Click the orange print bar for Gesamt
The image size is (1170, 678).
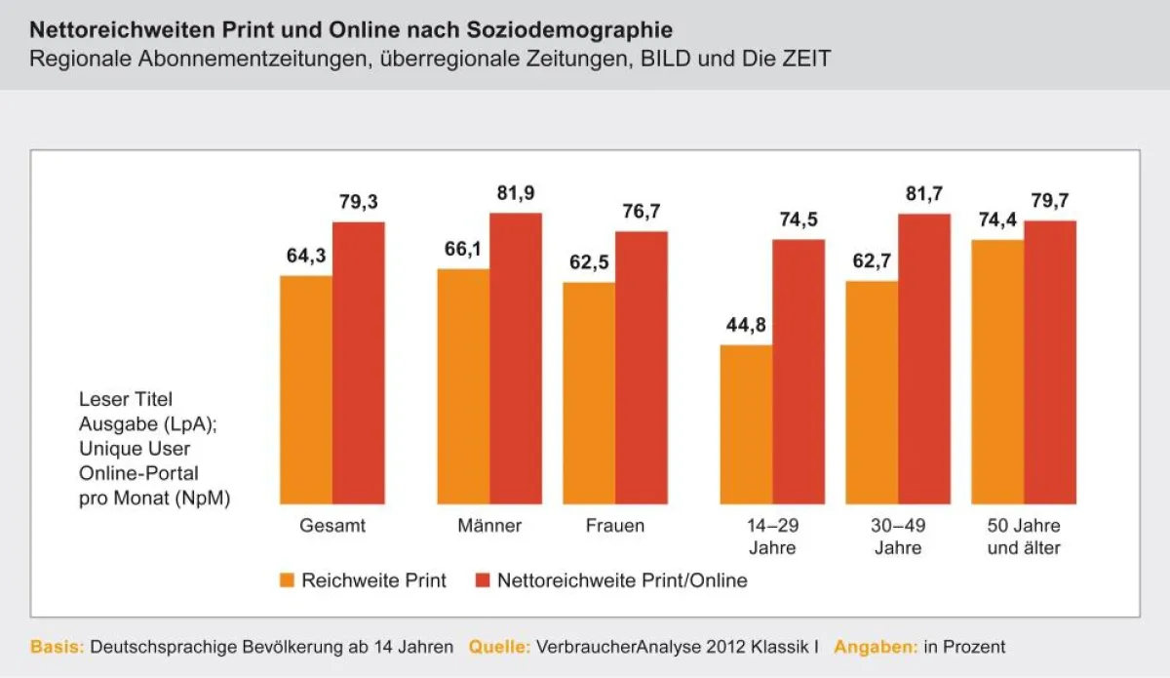tap(306, 390)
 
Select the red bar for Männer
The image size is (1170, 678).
tap(516, 359)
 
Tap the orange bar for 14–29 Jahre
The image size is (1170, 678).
tap(747, 424)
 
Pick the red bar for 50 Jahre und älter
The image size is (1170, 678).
tap(1050, 363)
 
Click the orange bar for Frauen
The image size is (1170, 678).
tap(589, 393)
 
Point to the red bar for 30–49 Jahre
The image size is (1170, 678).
tap(924, 359)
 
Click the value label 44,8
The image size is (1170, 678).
tap(746, 325)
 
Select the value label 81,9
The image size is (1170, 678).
tap(516, 193)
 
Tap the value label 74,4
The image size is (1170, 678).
tap(997, 220)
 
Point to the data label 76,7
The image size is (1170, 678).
tap(642, 211)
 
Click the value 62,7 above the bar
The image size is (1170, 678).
tap(872, 260)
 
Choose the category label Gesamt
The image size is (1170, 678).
tap(332, 526)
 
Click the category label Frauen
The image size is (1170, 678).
tap(615, 526)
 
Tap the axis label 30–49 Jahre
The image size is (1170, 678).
tap(898, 537)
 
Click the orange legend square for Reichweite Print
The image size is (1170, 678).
tap(287, 580)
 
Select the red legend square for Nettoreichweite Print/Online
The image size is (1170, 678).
tap(483, 580)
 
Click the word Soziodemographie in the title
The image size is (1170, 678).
tap(569, 30)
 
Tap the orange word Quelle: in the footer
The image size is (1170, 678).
tap(499, 647)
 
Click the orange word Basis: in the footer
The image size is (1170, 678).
tap(57, 647)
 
